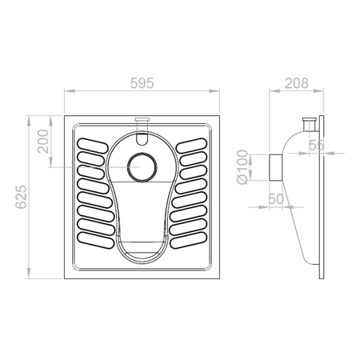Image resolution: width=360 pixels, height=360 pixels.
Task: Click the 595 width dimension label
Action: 142,83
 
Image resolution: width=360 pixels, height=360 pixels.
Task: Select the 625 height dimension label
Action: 21,197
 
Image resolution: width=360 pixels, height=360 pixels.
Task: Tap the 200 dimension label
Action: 43,142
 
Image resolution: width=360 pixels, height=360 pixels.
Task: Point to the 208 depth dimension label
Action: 297,83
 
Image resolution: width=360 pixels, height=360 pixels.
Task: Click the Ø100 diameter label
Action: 242,167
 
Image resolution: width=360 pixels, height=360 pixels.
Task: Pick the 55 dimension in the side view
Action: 317,146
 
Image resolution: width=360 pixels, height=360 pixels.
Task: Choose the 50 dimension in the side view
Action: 276,199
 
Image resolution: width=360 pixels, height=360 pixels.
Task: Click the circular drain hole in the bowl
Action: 142,167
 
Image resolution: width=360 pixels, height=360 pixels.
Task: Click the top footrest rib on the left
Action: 93,146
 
